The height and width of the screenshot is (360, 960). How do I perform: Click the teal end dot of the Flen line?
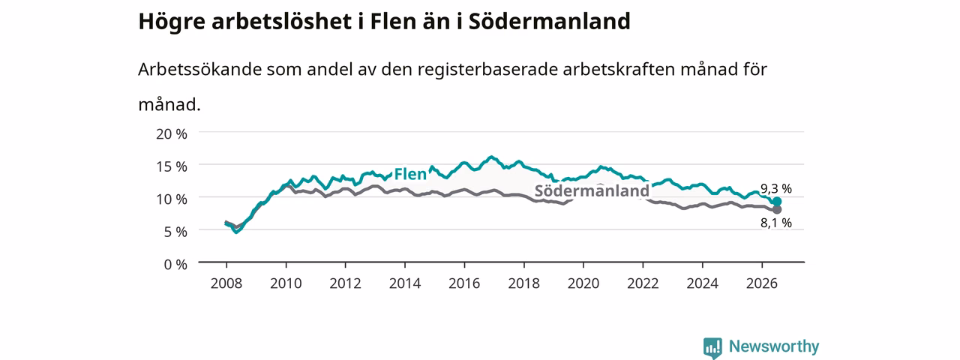(776, 202)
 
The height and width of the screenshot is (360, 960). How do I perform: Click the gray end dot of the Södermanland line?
(776, 209)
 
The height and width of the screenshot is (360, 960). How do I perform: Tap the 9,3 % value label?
(776, 188)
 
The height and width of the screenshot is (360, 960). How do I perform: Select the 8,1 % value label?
(776, 223)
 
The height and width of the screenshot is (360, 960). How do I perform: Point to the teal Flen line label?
(410, 174)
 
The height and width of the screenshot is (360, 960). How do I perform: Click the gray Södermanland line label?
(592, 190)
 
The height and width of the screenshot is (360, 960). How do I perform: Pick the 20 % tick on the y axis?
(172, 134)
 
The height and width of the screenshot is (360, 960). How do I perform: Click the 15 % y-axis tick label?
(172, 166)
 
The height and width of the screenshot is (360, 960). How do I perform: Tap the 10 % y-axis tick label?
(172, 199)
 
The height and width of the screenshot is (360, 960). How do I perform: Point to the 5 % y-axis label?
(175, 232)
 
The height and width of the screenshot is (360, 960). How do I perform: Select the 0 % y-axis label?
(175, 265)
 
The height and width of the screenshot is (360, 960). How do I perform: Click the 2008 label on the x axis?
(226, 283)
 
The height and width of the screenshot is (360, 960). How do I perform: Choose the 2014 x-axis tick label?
(404, 283)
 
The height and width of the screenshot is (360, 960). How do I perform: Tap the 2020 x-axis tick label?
(583, 283)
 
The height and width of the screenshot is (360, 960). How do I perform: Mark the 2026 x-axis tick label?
(761, 283)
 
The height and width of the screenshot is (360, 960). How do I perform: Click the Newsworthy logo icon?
(712, 347)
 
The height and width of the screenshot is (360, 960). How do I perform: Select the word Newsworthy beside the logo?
(774, 346)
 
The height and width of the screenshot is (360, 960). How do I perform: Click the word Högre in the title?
(172, 22)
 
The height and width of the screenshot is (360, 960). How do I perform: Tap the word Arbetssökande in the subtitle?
(199, 69)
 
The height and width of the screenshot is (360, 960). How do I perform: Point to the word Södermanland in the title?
(550, 21)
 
